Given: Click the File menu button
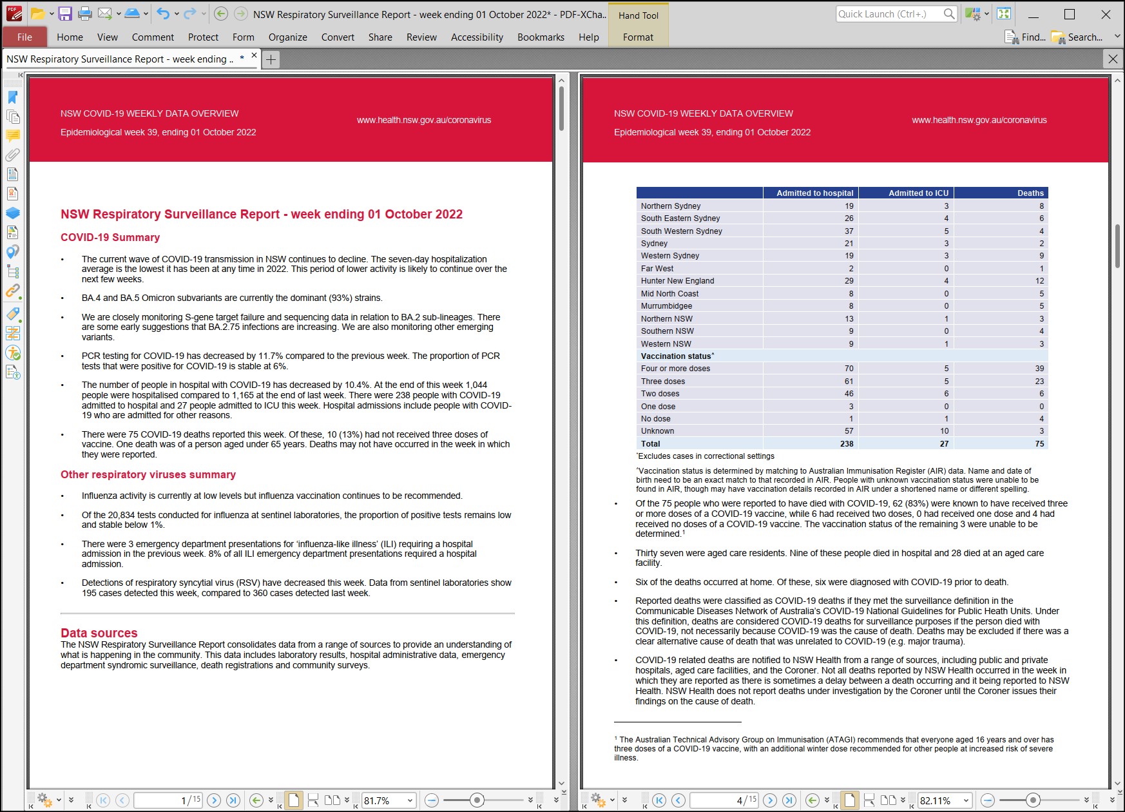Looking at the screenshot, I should [x=24, y=37].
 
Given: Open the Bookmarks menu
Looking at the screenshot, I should [x=541, y=37].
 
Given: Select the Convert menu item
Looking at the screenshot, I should [x=338, y=37].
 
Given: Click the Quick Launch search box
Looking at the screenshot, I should [x=889, y=14].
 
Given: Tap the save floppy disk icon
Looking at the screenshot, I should [x=65, y=14].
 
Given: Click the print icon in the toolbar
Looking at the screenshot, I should [x=84, y=14].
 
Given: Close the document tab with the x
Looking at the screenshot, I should [x=254, y=56].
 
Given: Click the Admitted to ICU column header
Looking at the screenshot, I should [x=918, y=193].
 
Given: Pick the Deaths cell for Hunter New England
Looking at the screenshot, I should [x=1039, y=281].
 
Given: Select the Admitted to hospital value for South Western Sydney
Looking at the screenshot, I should [x=849, y=231].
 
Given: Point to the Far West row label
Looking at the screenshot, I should [x=657, y=269].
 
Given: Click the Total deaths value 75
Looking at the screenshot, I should [x=1039, y=444].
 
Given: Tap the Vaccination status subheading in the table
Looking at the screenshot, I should [x=677, y=356].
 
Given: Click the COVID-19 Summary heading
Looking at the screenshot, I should [x=110, y=238].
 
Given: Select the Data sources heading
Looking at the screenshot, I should [x=99, y=633].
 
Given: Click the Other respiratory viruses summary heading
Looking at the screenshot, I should [x=148, y=475].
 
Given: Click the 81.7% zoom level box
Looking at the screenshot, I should [x=383, y=800].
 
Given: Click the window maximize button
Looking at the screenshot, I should [x=1070, y=14].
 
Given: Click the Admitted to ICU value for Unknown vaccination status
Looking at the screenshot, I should [x=944, y=431].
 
